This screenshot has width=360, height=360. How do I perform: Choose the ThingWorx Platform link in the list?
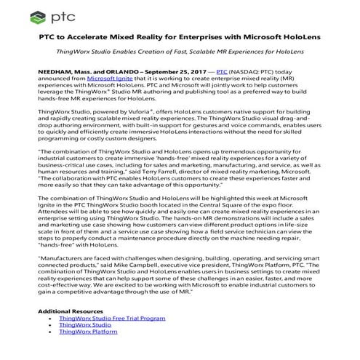(88, 331)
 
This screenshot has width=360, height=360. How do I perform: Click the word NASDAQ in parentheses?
(248, 73)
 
